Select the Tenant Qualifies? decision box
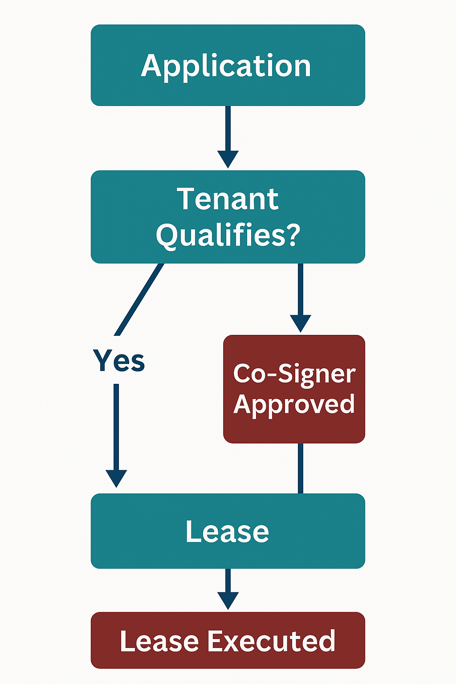coord(228,216)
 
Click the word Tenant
coord(228,199)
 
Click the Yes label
coord(119,360)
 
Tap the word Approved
coord(294,404)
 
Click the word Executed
coord(272,641)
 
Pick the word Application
coord(226,66)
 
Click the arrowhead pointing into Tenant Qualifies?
coord(228,159)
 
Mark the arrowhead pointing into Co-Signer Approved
coord(301,323)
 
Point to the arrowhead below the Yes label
coord(116,478)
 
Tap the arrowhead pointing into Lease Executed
coord(228,600)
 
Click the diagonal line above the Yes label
coord(139,299)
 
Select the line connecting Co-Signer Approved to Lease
coord(301,468)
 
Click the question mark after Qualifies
coord(292,235)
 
